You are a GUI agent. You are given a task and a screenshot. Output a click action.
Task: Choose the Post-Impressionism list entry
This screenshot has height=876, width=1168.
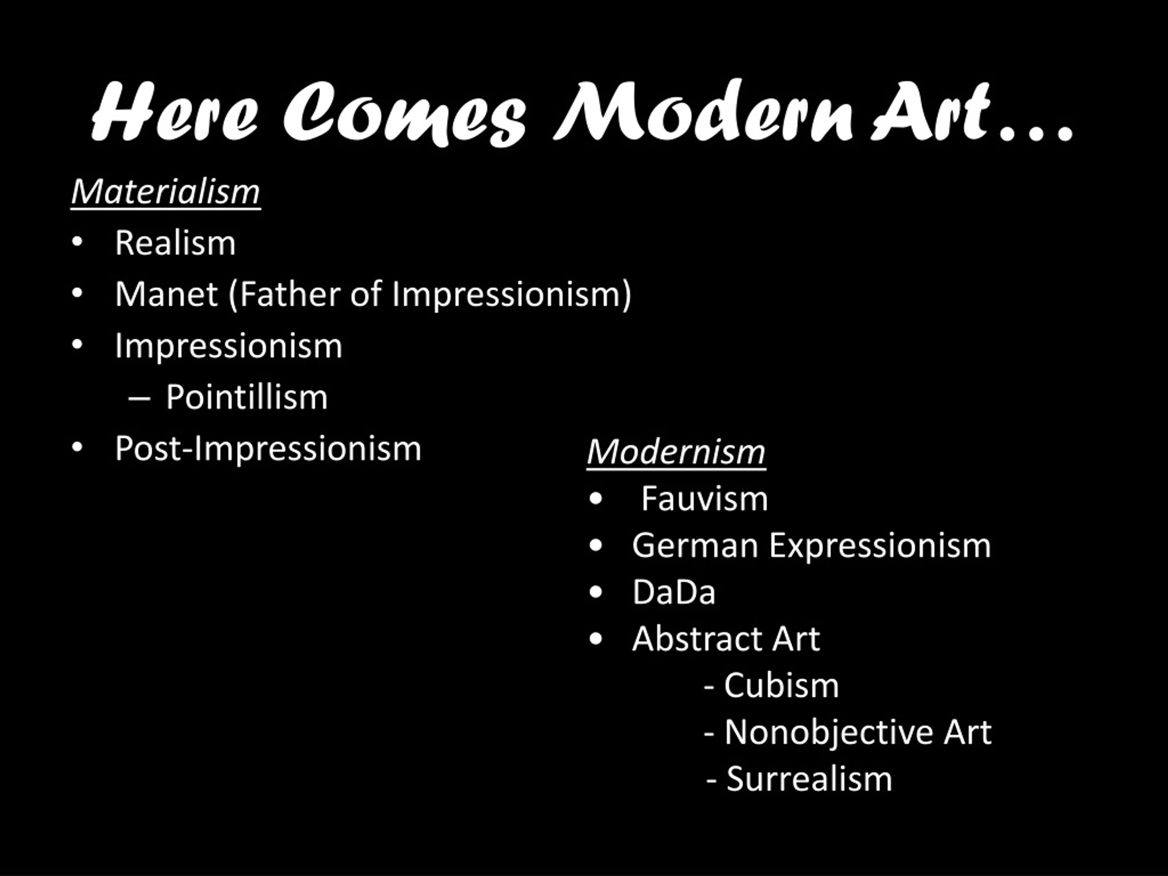point(268,449)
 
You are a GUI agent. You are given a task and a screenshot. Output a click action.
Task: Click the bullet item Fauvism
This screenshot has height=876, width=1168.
point(705,499)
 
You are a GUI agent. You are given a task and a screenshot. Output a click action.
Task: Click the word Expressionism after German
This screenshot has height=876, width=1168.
point(880,546)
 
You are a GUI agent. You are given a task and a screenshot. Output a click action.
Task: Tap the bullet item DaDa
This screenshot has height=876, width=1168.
point(674,592)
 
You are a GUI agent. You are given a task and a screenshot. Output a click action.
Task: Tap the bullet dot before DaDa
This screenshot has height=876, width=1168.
point(595,593)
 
